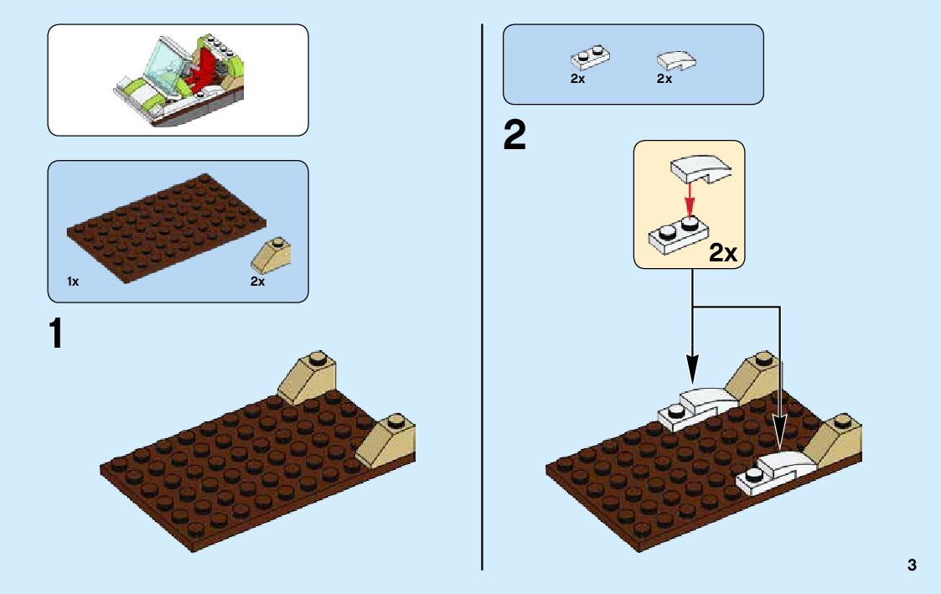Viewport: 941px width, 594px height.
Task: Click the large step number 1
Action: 55,333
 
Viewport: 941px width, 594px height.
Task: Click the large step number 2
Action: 514,136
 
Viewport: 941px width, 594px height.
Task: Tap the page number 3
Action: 912,566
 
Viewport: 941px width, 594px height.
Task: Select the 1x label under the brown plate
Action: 73,282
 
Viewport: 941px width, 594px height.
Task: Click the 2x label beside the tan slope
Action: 257,282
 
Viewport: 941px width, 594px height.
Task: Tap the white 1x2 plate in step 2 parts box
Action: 590,58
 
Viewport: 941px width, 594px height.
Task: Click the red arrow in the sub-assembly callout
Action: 689,200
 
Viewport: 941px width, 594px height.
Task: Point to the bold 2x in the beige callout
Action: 722,253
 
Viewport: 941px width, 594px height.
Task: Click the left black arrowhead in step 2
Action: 693,368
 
